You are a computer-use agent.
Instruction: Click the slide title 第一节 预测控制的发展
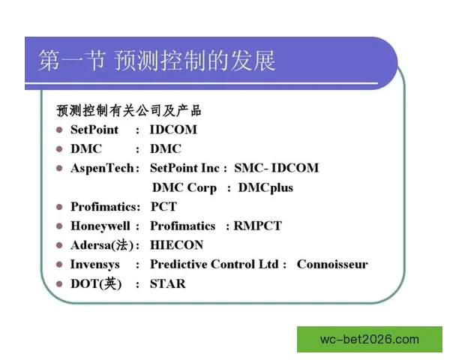[x=157, y=61]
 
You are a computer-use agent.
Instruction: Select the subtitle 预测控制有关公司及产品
[x=129, y=110]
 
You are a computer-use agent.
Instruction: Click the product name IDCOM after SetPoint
[x=173, y=129]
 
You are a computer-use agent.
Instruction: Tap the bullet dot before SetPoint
[x=60, y=129]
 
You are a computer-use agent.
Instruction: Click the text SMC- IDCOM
[x=276, y=168]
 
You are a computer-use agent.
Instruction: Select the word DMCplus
[x=265, y=187]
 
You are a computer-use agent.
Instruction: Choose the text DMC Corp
[x=184, y=187]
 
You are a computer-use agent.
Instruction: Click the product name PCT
[x=164, y=206]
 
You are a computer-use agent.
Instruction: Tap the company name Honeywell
[x=101, y=226]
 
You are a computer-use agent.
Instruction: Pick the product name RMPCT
[x=257, y=226]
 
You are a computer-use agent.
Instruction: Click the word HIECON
[x=176, y=245]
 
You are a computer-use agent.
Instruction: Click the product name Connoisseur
[x=332, y=265]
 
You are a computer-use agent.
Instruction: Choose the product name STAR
[x=167, y=284]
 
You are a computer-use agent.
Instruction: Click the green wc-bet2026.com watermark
[x=370, y=339]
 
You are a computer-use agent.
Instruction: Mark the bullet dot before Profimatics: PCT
[x=60, y=206]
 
